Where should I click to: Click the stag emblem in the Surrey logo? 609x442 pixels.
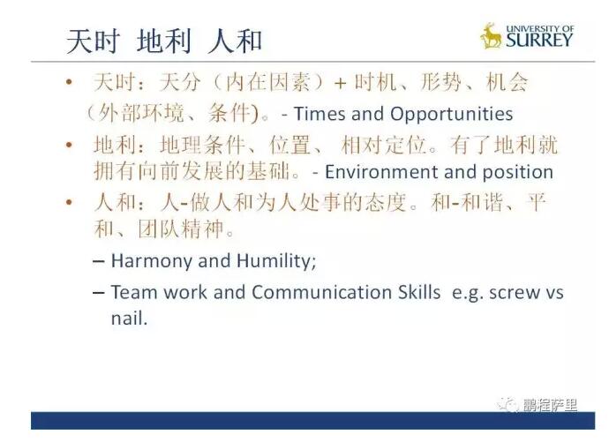(x=491, y=35)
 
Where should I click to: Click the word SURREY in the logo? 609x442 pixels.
(x=539, y=40)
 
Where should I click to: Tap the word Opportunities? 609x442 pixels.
(x=451, y=115)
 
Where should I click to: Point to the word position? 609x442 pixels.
(x=518, y=173)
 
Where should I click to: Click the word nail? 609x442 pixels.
(x=130, y=318)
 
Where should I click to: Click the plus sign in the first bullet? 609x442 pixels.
(x=340, y=84)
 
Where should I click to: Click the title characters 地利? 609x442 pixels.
(x=164, y=41)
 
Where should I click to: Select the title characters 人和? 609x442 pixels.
(x=235, y=41)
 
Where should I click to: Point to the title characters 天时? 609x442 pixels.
(x=94, y=41)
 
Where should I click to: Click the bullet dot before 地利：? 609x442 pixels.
(x=70, y=146)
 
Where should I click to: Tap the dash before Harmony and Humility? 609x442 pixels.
(x=99, y=261)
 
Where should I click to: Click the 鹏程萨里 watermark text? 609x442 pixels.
(x=550, y=406)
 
